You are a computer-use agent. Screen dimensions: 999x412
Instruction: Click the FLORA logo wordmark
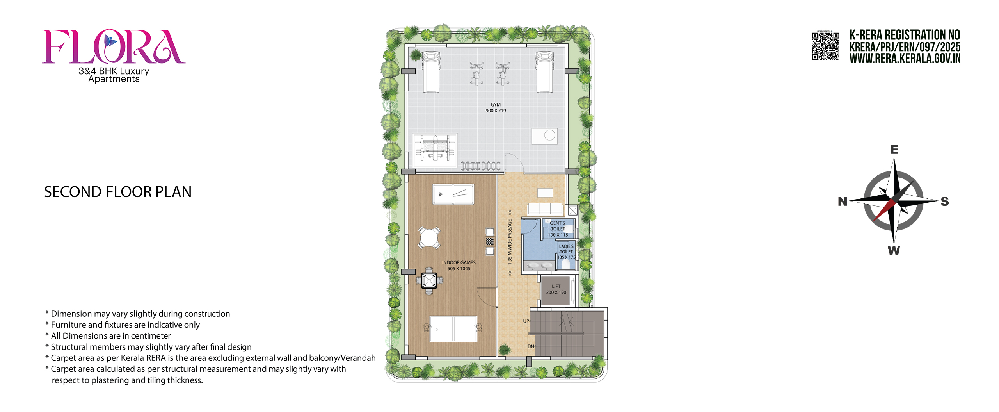pos(114,46)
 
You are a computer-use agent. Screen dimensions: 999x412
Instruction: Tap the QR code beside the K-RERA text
pos(825,46)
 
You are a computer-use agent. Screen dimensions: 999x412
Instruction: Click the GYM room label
pos(496,108)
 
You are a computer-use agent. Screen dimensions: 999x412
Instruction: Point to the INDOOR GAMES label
pos(459,266)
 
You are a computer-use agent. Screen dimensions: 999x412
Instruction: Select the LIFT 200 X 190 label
pos(556,289)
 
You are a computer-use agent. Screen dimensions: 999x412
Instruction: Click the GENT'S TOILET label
pos(558,229)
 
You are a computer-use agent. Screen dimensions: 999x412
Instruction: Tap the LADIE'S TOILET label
pos(566,252)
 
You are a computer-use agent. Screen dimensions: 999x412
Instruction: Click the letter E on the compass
pos(894,150)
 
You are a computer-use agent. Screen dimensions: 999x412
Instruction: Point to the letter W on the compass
pos(894,251)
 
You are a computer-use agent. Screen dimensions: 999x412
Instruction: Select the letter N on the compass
pos(843,202)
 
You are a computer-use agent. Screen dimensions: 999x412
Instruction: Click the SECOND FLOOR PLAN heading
pos(118,192)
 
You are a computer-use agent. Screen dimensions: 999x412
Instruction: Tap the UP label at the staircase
pos(526,321)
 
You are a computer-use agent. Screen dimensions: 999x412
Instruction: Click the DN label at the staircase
pos(531,346)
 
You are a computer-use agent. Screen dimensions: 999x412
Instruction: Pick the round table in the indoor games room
pos(429,237)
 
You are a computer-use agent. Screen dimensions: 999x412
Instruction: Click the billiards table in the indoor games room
pos(453,194)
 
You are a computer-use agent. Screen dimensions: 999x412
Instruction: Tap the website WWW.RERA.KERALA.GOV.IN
pos(905,59)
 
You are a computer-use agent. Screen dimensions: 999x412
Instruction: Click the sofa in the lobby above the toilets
pos(545,209)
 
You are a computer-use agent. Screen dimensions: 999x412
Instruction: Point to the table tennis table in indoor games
pos(453,329)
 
